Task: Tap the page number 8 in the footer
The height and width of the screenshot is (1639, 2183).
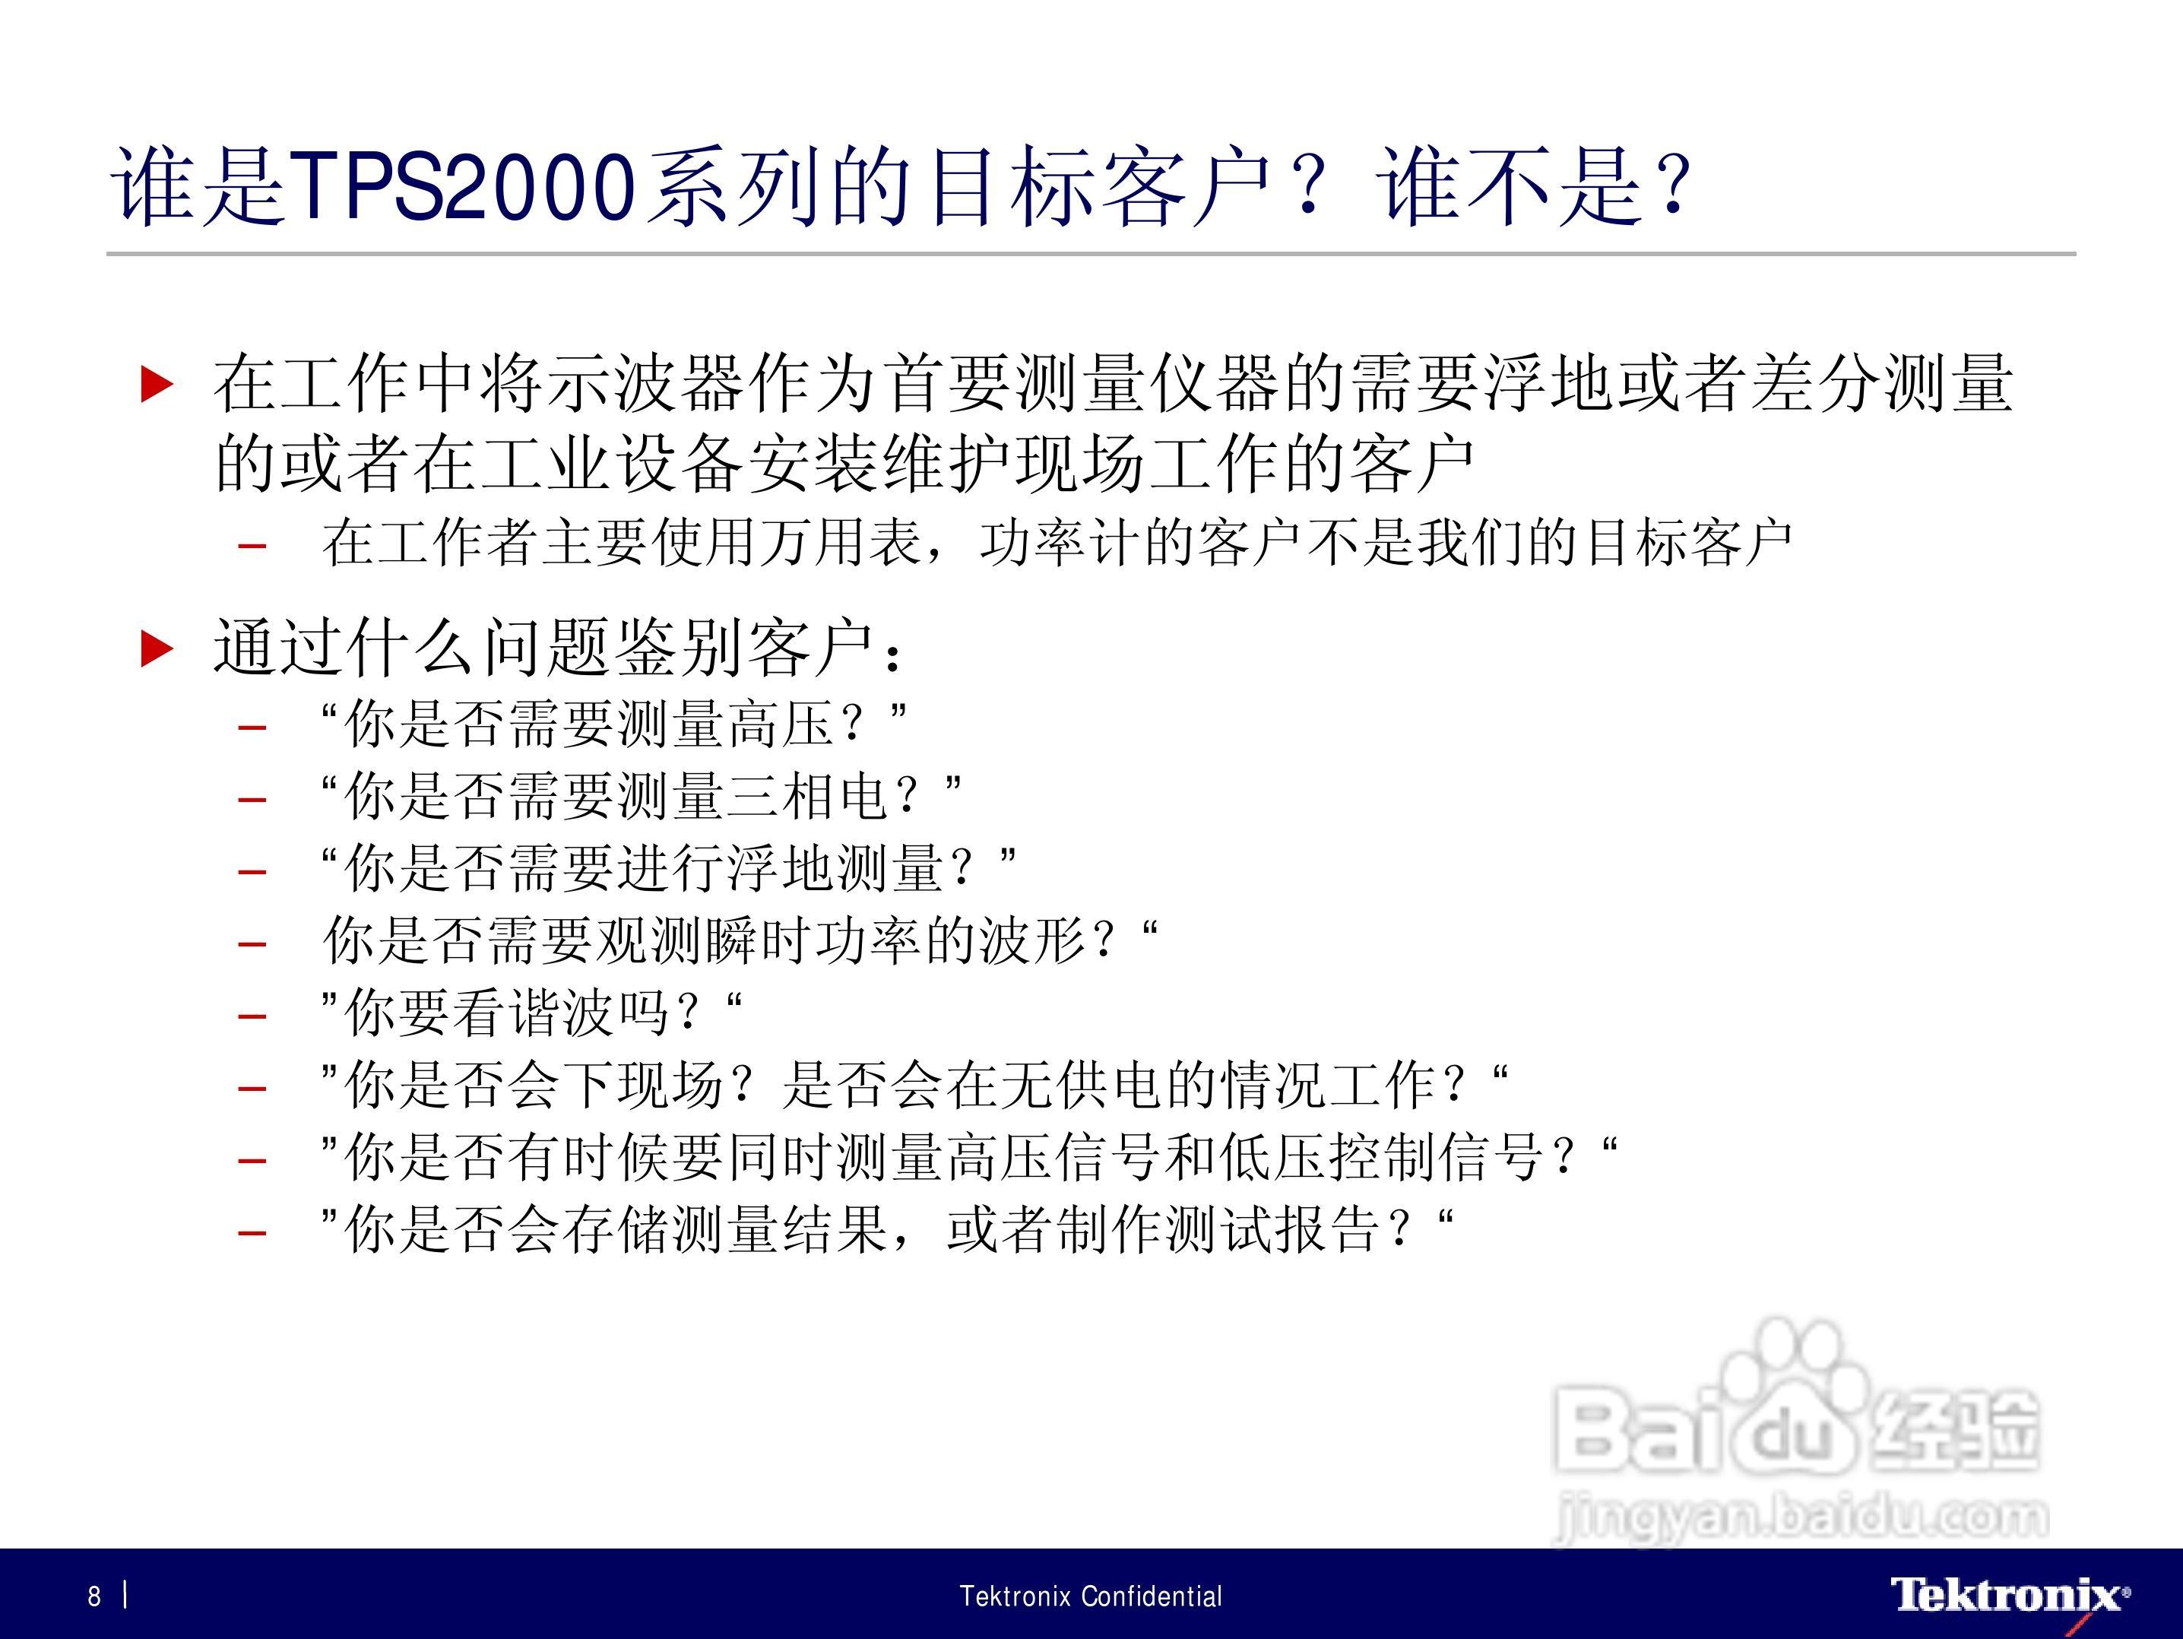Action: [95, 1596]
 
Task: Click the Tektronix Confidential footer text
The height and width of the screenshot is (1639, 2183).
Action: [1091, 1596]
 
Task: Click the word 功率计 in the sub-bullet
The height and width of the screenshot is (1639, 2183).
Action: [1061, 542]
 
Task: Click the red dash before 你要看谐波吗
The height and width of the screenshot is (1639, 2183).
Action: [252, 1016]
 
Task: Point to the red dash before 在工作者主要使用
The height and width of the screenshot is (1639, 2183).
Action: [252, 546]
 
